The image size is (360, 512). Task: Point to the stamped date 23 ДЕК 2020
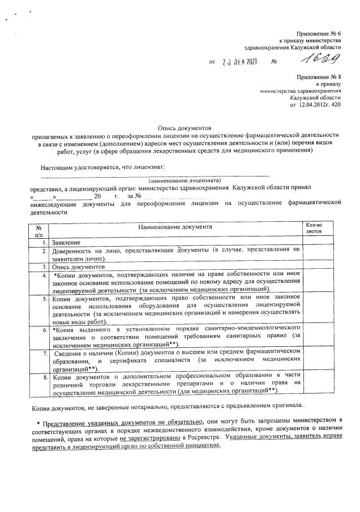tap(240, 61)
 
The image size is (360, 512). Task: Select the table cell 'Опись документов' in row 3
tap(79, 266)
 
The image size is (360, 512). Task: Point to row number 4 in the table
tap(44, 276)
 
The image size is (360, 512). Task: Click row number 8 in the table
tap(44, 376)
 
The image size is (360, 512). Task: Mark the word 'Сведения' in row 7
tap(68, 352)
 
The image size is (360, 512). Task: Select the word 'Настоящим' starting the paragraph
tap(56, 167)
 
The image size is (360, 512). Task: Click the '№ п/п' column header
tap(38, 229)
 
